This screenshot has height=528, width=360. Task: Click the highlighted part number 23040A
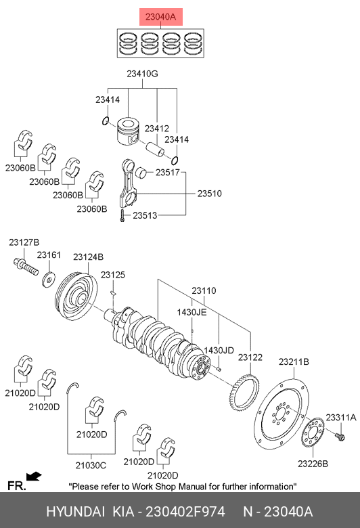pyautogui.click(x=160, y=16)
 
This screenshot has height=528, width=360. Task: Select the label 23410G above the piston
pyautogui.click(x=142, y=73)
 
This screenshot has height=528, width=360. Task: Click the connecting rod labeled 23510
pyautogui.click(x=129, y=184)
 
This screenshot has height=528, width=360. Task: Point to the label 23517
pyautogui.click(x=168, y=173)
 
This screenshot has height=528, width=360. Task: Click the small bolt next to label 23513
pyautogui.click(x=122, y=215)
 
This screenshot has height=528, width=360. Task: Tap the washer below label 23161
pyautogui.click(x=49, y=279)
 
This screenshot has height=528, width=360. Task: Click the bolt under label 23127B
pyautogui.click(x=26, y=267)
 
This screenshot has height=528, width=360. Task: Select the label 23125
pyautogui.click(x=113, y=275)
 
